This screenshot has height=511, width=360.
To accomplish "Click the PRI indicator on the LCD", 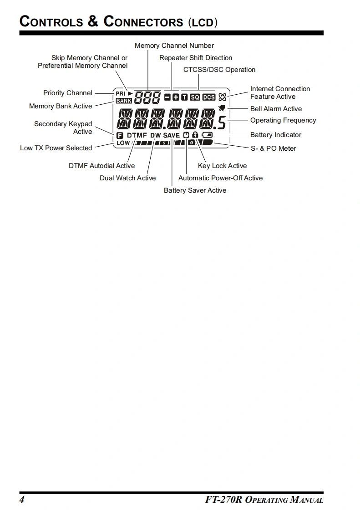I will tap(121, 94).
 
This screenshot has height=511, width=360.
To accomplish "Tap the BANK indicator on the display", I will tap(123, 101).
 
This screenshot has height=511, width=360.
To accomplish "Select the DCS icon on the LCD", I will tap(209, 97).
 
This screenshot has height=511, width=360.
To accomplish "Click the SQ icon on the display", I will tap(195, 97).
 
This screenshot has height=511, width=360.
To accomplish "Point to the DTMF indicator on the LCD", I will tap(137, 135).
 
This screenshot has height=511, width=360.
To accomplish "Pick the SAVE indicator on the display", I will tap(172, 135).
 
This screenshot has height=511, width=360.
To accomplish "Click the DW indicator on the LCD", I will tap(156, 135).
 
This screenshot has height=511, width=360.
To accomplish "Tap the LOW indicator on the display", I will tap(123, 143).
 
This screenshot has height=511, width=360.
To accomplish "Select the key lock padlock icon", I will tap(195, 135).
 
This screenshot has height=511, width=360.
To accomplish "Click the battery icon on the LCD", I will tap(207, 135).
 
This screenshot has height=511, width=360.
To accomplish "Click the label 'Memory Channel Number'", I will tap(174, 46).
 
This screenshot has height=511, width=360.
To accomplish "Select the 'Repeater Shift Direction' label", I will tap(196, 58).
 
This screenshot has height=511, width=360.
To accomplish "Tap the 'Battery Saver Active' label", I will tap(195, 190).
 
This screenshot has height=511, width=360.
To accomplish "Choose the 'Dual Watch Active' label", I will tap(127, 178).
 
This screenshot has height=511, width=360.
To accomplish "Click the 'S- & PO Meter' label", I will tap(273, 148).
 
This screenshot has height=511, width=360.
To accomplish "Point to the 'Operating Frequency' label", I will tap(283, 120).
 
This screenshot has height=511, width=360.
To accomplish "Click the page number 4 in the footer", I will tap(22, 500).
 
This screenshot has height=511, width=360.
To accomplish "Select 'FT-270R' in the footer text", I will tap(224, 500).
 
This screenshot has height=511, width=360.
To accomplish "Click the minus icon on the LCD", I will tap(167, 97).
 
